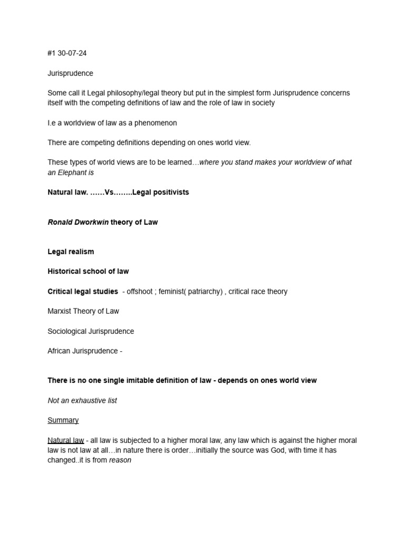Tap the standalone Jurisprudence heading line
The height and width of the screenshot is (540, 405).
(70, 73)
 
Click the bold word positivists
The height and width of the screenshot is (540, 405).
(169, 192)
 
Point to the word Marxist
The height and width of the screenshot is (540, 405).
(60, 311)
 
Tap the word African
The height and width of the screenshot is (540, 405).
(59, 351)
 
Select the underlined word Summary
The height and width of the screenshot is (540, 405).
(63, 420)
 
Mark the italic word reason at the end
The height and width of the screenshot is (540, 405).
(120, 460)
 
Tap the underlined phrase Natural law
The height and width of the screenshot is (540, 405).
(65, 440)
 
